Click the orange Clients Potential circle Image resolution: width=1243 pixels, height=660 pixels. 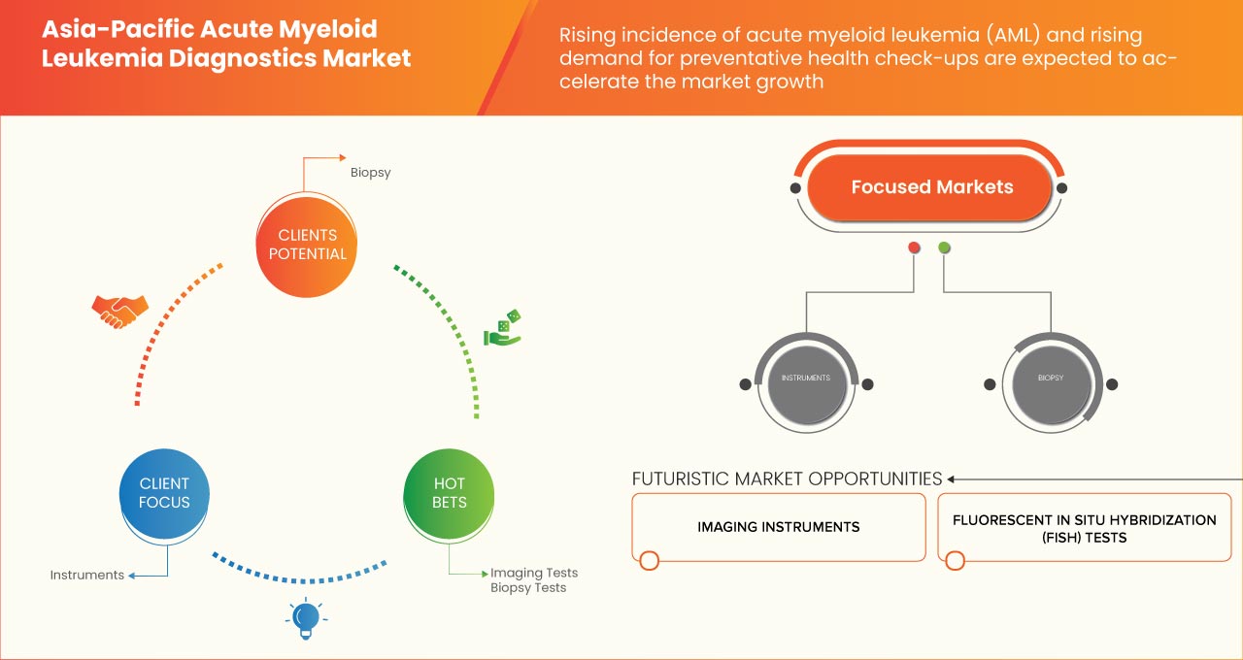(306, 244)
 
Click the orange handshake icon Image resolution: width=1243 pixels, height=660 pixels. (119, 310)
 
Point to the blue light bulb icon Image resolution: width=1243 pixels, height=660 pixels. (306, 617)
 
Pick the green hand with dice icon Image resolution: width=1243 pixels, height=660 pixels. (503, 328)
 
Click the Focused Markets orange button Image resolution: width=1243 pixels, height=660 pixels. (931, 187)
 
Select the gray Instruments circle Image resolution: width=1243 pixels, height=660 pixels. (806, 378)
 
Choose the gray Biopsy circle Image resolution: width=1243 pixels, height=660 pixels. (1051, 378)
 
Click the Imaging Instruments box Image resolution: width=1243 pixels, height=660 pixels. (778, 527)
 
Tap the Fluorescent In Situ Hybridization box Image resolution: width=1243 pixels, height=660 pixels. (1084, 528)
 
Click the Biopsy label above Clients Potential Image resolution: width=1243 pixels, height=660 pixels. (370, 173)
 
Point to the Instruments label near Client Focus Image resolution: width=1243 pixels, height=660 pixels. (87, 575)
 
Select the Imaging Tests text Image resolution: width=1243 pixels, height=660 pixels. (533, 573)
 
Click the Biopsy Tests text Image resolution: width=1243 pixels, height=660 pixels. (527, 587)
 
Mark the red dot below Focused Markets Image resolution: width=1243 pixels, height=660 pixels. (914, 247)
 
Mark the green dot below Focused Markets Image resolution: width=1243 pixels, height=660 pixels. (944, 247)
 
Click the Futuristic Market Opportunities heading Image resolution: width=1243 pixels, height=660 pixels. (787, 478)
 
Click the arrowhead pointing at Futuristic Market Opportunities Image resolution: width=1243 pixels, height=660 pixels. (952, 478)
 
